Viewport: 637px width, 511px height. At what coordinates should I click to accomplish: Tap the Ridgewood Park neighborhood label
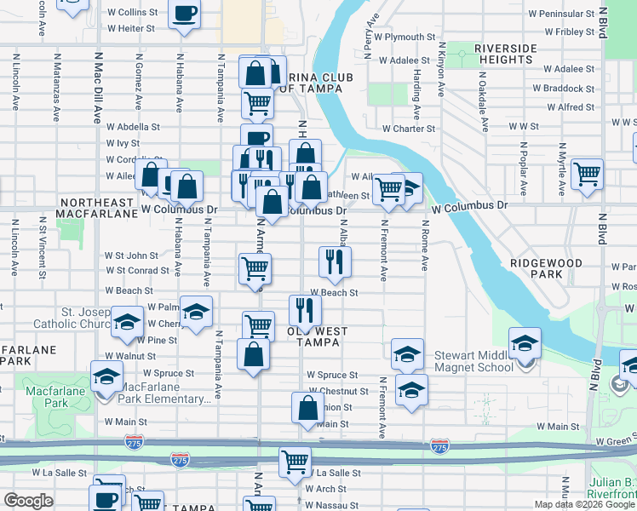(548, 269)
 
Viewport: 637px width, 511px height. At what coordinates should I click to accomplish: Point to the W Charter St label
(409, 129)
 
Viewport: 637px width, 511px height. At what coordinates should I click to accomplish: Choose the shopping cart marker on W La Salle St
(295, 462)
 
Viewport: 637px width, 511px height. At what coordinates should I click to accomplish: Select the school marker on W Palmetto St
(196, 311)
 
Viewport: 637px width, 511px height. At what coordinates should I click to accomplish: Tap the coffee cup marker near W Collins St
(185, 14)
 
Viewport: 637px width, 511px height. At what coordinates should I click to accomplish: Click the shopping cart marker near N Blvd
(588, 174)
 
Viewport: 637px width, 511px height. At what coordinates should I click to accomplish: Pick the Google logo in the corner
(28, 501)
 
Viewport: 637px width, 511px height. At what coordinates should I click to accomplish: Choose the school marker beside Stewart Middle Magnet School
(525, 344)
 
